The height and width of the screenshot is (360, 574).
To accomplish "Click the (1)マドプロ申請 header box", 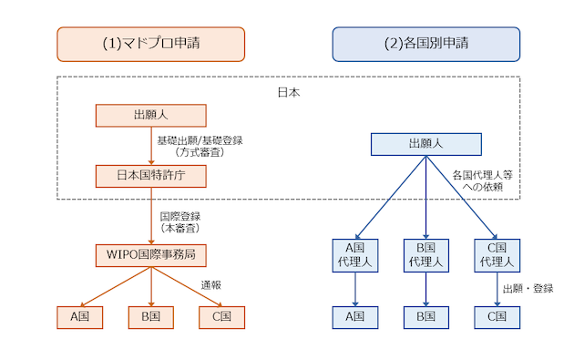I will point(151,44).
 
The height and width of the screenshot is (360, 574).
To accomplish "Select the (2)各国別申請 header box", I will point(425,44).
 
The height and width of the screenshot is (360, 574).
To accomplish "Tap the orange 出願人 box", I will point(151,115).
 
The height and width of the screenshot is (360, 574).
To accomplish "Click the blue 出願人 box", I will point(425,144).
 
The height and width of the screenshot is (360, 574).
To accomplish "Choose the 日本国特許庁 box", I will point(151,175).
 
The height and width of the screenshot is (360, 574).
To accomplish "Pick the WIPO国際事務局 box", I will point(151,254).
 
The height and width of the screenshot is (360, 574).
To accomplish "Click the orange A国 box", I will point(78,316).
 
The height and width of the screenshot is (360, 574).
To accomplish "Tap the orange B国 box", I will point(151,316).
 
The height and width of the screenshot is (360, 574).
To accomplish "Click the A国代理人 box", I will point(354,254).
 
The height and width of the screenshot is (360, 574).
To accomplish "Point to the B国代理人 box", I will point(425,254).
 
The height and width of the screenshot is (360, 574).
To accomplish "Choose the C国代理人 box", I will point(497,254).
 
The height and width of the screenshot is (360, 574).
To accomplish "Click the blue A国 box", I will point(354,316).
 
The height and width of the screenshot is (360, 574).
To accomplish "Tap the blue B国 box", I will point(425,316).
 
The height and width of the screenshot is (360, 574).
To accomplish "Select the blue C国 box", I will point(497,316).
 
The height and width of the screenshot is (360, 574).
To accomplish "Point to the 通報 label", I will point(211,283).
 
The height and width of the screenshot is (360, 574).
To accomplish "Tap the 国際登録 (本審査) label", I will point(179,222).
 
